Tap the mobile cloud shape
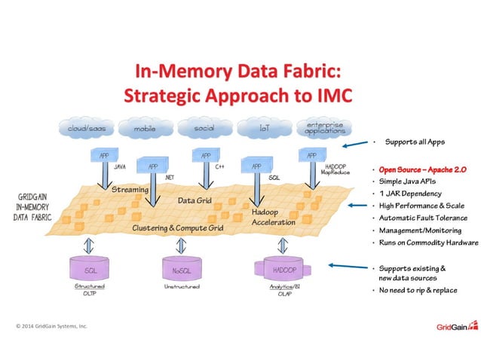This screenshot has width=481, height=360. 145,129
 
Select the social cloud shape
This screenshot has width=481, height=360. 204,129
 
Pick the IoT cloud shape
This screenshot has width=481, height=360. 264,129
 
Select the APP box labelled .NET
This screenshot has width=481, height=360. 153,167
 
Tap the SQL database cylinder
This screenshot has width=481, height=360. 90,269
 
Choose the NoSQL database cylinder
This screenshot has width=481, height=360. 181,269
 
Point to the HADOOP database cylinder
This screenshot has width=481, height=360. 280,269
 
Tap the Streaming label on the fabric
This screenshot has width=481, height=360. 130,191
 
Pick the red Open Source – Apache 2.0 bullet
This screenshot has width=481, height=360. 422,170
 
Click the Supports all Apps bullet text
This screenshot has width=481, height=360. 413,142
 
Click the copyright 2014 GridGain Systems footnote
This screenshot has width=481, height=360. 52,326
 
